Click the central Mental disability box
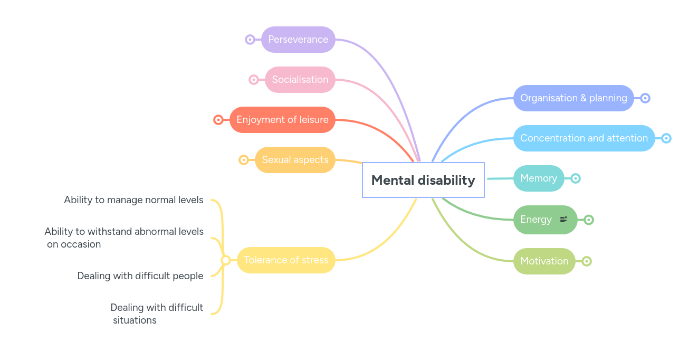(423, 180)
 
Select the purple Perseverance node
(298, 40)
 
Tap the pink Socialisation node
(300, 80)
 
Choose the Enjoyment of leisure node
(282, 120)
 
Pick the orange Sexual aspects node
(295, 160)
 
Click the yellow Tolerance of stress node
(286, 260)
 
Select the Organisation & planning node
(573, 98)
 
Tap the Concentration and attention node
(584, 138)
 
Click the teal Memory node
(539, 178)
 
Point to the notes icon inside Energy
(563, 220)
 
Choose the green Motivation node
(544, 261)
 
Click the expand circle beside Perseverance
(250, 40)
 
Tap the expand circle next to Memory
(576, 178)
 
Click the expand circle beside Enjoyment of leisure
(218, 120)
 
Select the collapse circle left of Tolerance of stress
(226, 260)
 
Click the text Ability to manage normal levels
(133, 200)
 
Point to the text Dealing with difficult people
(140, 276)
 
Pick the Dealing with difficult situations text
(157, 314)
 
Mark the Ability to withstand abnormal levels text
(124, 238)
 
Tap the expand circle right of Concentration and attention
(666, 138)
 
